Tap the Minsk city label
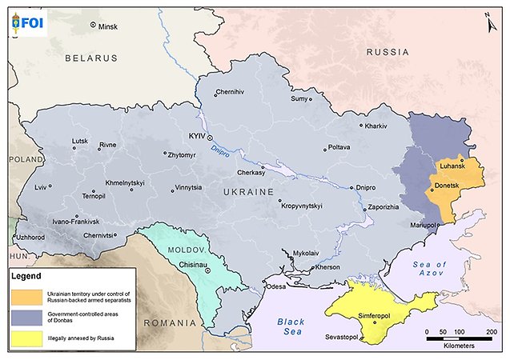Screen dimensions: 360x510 (x=107, y=27)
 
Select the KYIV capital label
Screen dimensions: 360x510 (x=196, y=137)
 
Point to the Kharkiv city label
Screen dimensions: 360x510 (x=376, y=126)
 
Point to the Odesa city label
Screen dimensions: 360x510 (x=275, y=286)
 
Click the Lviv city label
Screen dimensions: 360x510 (x=41, y=187)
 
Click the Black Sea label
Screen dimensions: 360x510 (x=291, y=327)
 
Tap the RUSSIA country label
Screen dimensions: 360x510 (x=388, y=52)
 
